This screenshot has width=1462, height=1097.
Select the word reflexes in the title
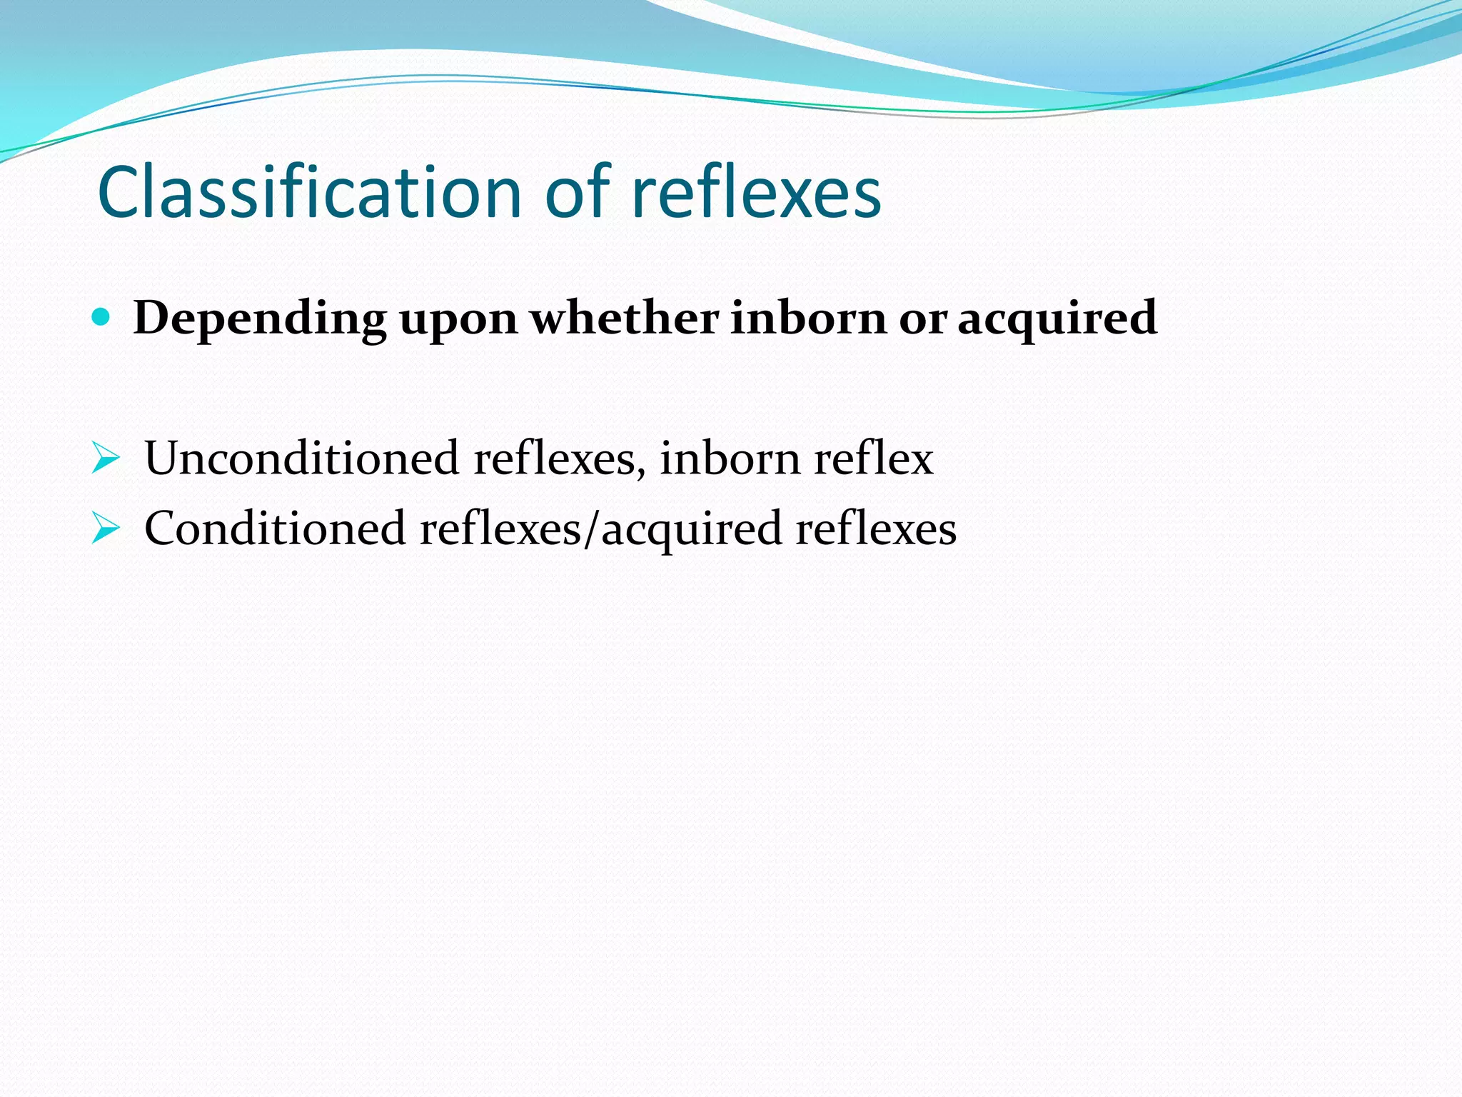757,193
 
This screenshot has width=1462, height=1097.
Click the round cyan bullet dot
101,317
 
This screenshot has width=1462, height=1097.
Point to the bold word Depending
260,319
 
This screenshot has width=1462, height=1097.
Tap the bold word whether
625,317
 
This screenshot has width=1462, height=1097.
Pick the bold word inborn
808,317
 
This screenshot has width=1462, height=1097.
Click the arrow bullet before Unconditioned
105,459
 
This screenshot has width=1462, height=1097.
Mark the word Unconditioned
302,457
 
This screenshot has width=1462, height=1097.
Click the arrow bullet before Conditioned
105,529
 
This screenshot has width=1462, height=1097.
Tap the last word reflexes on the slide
876,529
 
